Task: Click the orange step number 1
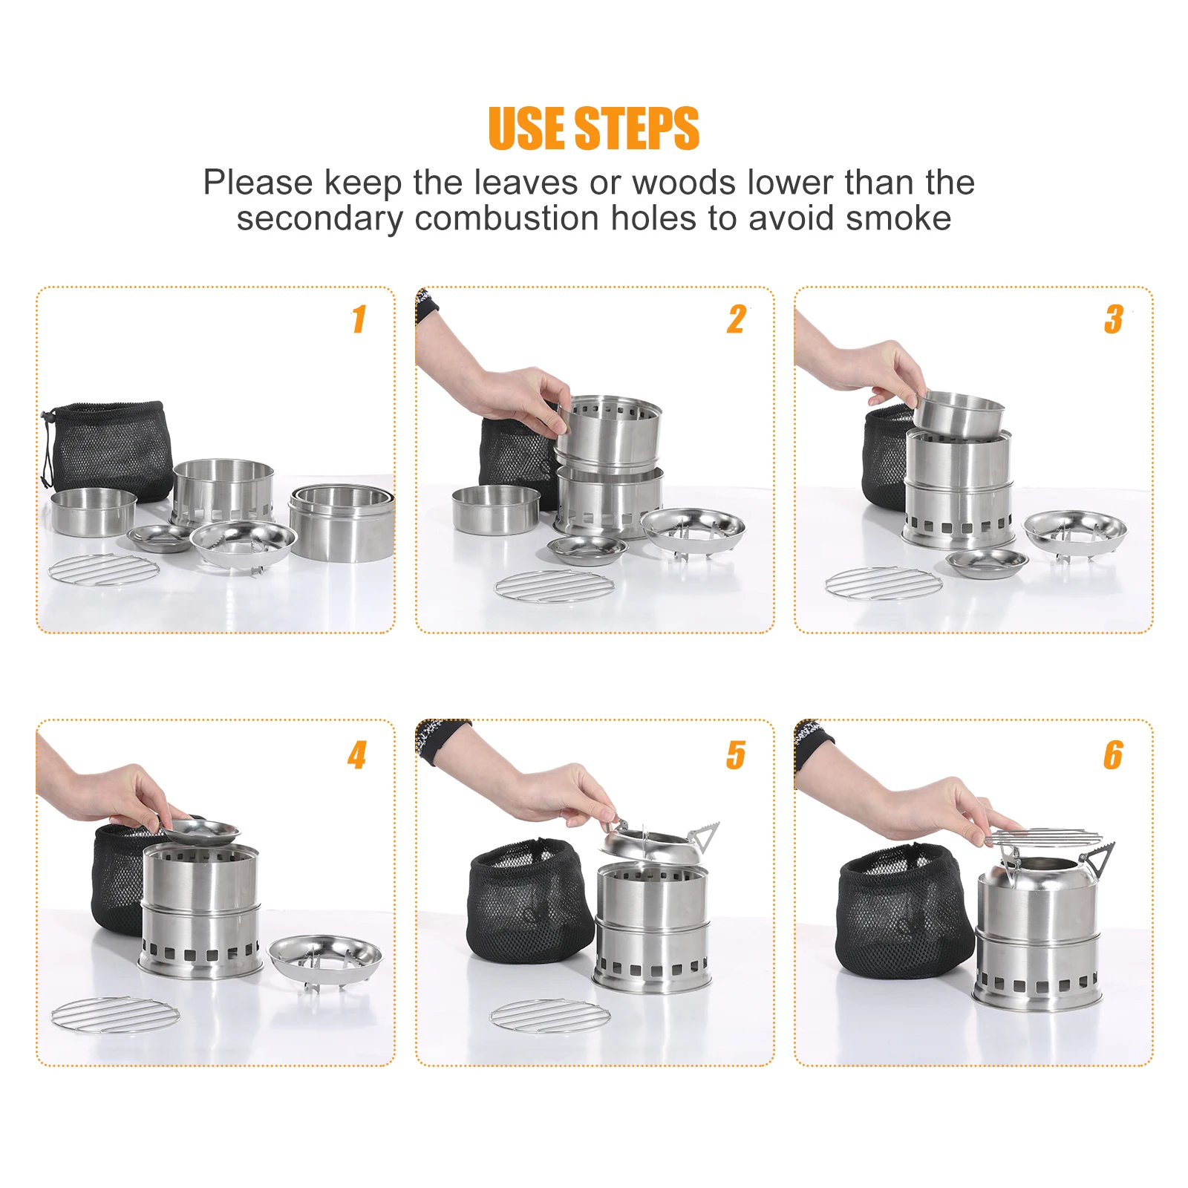coord(359,319)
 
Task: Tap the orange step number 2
coord(737,319)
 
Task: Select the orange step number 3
coord(1114,319)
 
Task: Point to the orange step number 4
coord(357,755)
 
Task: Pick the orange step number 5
coord(736,755)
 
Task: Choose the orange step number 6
coord(1113,755)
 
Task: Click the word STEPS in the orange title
coord(636,128)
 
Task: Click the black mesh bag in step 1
coord(108,449)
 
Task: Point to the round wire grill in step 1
coord(104,570)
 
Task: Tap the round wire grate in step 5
coord(550,1016)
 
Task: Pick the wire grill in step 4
coord(115,1014)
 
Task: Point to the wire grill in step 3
coord(884,584)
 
